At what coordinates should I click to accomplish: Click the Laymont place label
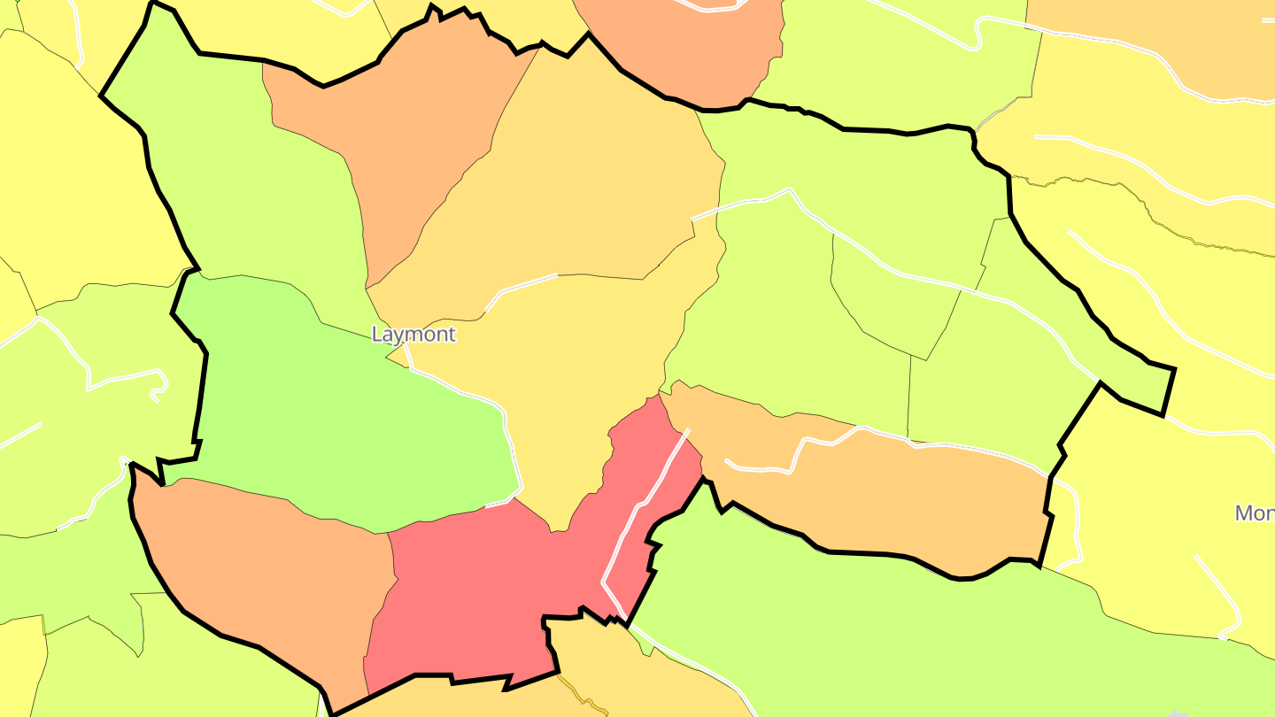pyautogui.click(x=413, y=335)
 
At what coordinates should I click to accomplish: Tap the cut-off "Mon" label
pyautogui.click(x=1254, y=513)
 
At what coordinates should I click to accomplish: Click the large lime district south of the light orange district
pyautogui.click(x=885, y=620)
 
